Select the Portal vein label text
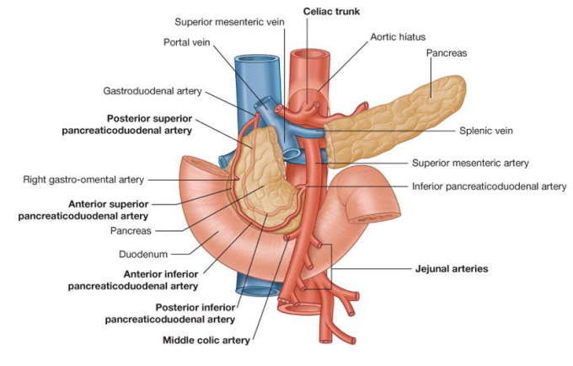coord(190,41)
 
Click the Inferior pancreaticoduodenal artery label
coord(489,186)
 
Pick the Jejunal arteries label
coord(452,269)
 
